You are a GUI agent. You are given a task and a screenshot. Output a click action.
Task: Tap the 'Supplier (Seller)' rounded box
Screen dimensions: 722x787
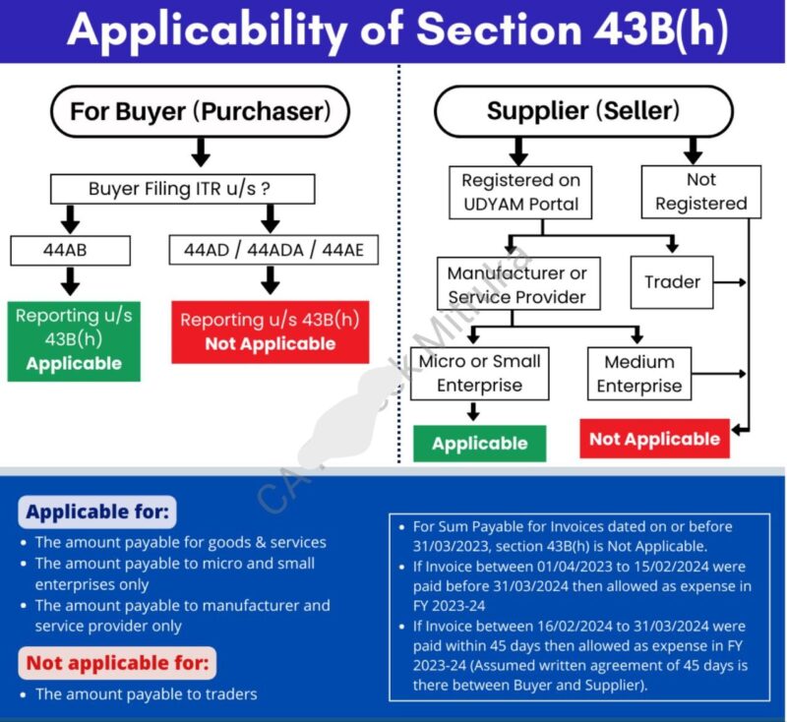582,111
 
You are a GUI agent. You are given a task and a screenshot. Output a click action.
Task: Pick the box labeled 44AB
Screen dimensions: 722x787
70,250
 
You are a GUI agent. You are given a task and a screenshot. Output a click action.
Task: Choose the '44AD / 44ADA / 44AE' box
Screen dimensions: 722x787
272,250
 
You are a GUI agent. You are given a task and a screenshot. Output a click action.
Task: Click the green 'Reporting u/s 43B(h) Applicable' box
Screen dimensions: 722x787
74,339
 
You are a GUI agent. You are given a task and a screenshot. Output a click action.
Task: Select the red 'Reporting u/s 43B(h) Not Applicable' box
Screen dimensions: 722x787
270,331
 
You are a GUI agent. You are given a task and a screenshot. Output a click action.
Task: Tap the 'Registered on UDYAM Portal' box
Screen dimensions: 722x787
520,192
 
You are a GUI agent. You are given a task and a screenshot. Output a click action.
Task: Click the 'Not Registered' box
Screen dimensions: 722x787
700,191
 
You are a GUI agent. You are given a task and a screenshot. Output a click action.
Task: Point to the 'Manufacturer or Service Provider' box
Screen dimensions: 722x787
516,284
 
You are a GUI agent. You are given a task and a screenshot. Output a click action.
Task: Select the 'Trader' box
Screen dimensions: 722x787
672,281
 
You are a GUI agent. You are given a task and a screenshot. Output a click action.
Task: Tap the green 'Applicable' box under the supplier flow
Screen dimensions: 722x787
479,444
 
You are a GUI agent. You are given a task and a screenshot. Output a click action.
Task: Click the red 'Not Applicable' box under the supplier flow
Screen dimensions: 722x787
654,439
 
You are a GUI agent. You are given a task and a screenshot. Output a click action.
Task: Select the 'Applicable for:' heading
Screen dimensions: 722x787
97,511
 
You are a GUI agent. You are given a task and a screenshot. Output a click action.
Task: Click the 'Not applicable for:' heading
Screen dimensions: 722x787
117,663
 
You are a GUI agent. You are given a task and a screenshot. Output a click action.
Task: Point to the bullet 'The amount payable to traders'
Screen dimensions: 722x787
146,694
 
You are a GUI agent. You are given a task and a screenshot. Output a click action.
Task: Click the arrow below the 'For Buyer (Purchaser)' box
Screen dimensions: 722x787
201,151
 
